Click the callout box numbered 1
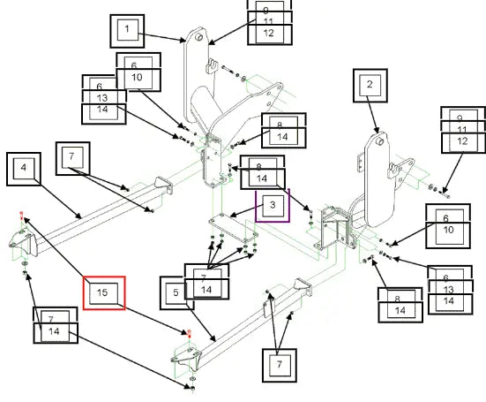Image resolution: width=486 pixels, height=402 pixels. pos(127,31)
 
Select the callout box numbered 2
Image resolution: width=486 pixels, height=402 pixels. pos(370,86)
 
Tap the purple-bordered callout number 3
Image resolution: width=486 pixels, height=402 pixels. pos(273,206)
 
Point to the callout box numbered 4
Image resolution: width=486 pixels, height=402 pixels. pos(24,169)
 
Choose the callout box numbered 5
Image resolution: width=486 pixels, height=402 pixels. pos(176,292)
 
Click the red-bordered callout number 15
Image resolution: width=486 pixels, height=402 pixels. pos(104,292)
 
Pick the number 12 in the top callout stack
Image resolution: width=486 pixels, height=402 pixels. pos(269,34)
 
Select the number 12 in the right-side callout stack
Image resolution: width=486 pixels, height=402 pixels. pos(462,141)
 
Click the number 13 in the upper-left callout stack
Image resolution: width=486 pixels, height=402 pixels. pos(102,98)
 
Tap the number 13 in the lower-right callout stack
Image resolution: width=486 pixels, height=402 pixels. pos(448,290)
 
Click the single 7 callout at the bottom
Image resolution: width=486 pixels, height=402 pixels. pos(280,366)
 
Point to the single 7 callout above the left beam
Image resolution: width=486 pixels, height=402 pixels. pos(73,158)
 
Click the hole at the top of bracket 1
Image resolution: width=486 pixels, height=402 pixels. pos(199,38)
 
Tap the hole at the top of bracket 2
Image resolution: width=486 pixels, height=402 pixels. pos(380,142)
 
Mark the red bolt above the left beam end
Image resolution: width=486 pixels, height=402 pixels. pos(21,214)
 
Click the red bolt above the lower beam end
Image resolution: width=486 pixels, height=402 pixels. pos(190,333)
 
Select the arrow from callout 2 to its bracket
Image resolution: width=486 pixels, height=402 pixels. pos(373,115)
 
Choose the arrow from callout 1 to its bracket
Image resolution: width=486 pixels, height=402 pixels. pos(162,37)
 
